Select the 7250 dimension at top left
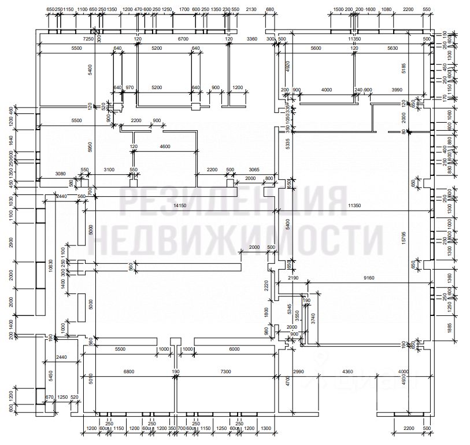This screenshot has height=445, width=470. click(x=88, y=39)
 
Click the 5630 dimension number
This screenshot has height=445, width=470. click(x=394, y=49)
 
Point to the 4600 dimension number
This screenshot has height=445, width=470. click(x=165, y=147)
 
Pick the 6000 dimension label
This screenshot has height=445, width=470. click(x=234, y=350)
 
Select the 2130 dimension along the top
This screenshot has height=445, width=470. click(x=251, y=10)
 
